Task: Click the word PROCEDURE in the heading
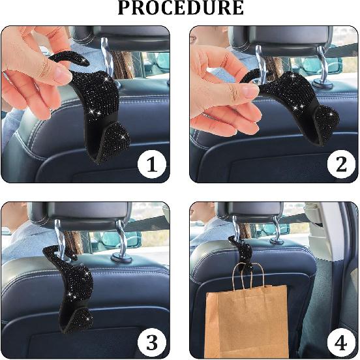point(180,8)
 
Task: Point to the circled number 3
point(151,340)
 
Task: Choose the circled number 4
point(340,340)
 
